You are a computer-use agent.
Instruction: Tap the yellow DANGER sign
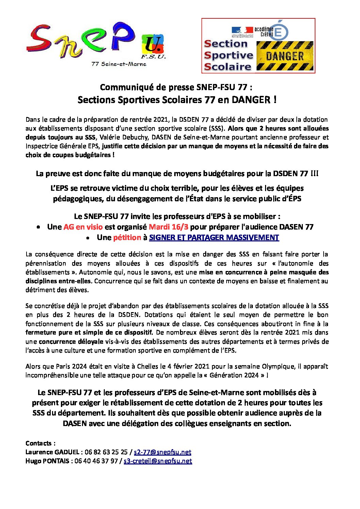[x=284, y=56]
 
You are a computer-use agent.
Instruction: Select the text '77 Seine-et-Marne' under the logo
[x=119, y=64]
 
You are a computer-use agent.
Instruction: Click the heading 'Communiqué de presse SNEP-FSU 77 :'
[x=176, y=87]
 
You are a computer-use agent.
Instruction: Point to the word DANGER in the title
[x=251, y=100]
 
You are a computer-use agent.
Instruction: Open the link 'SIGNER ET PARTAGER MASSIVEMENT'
[x=214, y=237]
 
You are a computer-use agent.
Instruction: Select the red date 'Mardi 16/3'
[x=168, y=227]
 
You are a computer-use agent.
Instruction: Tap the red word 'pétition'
[x=127, y=237]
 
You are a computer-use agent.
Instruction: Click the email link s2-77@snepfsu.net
[x=162, y=452]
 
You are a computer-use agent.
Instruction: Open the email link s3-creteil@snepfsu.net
[x=158, y=461]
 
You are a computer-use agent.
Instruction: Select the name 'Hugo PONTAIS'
[x=47, y=461]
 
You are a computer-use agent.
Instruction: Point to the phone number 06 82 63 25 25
[x=106, y=452]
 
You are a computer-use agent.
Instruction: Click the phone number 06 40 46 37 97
[x=96, y=461]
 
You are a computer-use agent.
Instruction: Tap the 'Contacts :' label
[x=40, y=443]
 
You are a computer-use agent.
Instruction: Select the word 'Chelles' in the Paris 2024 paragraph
[x=148, y=367]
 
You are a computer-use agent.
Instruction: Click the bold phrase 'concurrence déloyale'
[x=71, y=341]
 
